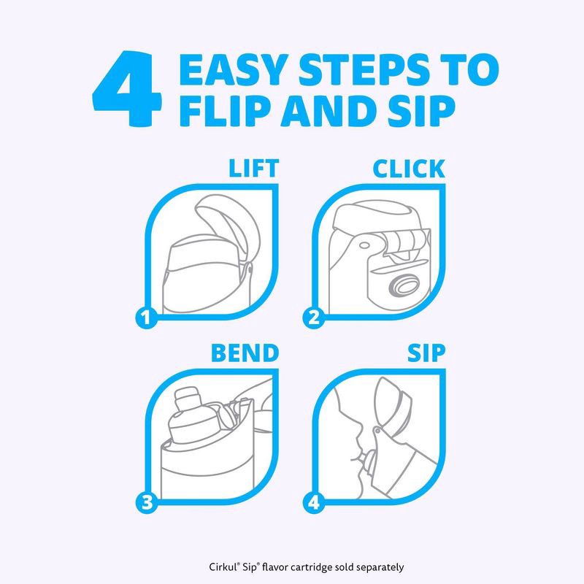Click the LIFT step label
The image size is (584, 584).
(253, 168)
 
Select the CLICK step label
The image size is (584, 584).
(408, 168)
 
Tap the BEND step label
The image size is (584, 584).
(245, 353)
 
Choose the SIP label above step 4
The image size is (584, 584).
(426, 353)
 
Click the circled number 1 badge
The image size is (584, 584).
(147, 318)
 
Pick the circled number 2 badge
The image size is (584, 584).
(313, 318)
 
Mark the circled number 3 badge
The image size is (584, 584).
(147, 502)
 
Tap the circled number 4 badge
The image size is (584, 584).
(313, 502)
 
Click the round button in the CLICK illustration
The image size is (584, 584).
(402, 285)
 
